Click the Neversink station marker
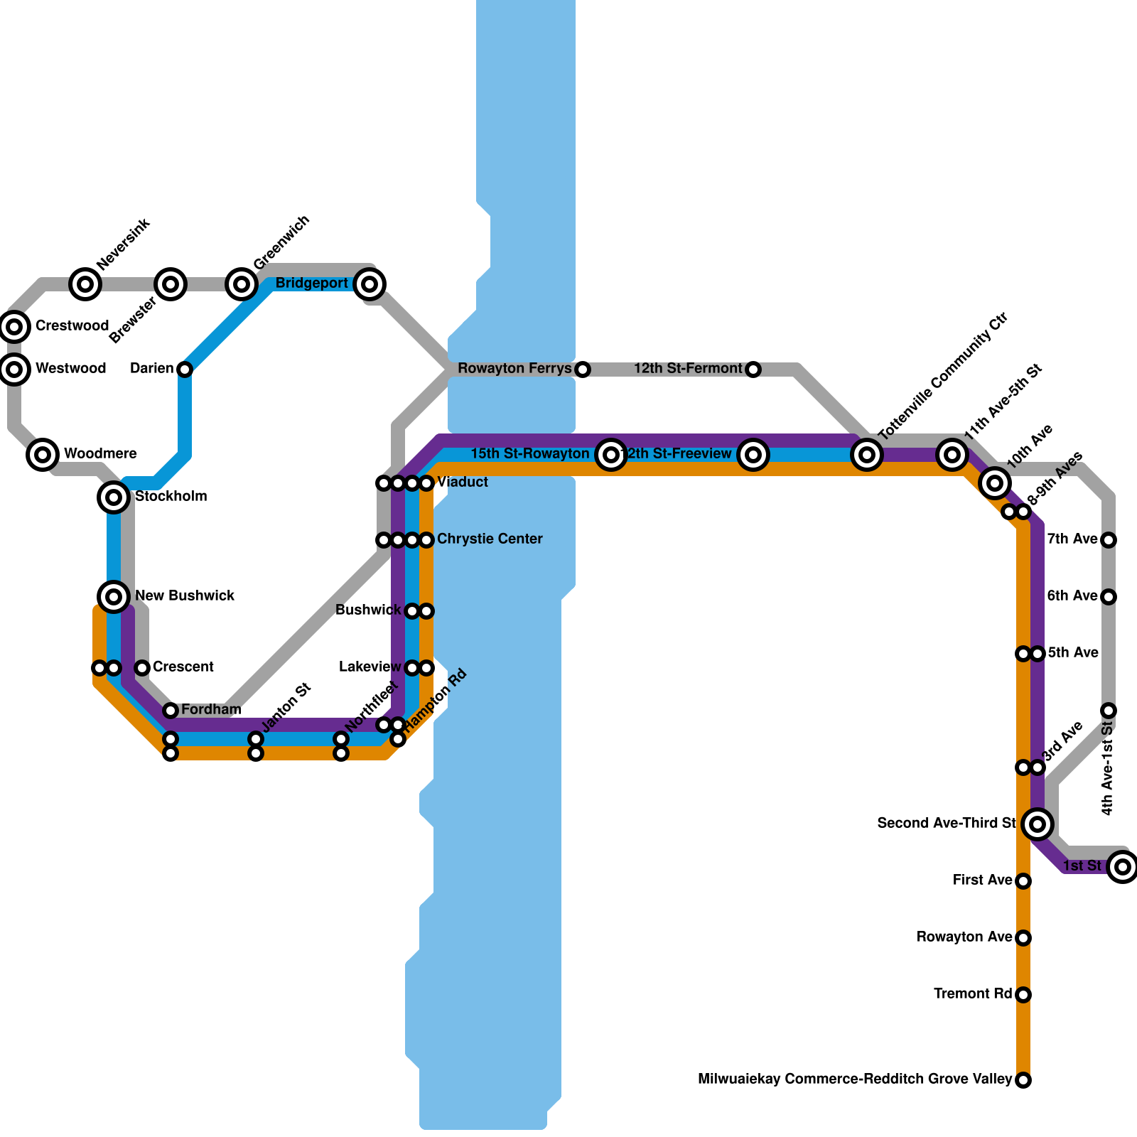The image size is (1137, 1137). click(x=85, y=284)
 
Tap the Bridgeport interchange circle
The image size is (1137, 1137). click(x=370, y=284)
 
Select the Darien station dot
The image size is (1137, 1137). click(x=185, y=370)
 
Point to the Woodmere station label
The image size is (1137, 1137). click(x=100, y=454)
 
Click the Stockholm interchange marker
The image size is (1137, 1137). click(x=114, y=497)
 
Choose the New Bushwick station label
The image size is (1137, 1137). click(x=185, y=596)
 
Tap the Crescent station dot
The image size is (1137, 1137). click(x=142, y=668)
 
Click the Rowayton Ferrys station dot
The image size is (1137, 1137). click(x=583, y=370)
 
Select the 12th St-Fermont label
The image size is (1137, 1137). click(x=688, y=369)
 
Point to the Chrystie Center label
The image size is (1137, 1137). click(x=490, y=539)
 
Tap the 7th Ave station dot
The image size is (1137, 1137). click(x=1109, y=540)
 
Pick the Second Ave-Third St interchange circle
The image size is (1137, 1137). click(x=1038, y=824)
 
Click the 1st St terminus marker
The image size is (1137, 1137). click(x=1123, y=867)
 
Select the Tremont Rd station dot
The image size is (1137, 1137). click(x=1023, y=995)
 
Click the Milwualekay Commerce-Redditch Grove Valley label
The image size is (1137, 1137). click(x=855, y=1079)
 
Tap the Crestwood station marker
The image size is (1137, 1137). click(x=14, y=327)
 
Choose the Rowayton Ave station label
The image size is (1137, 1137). click(x=964, y=937)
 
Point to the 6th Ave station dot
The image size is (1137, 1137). click(x=1109, y=597)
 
